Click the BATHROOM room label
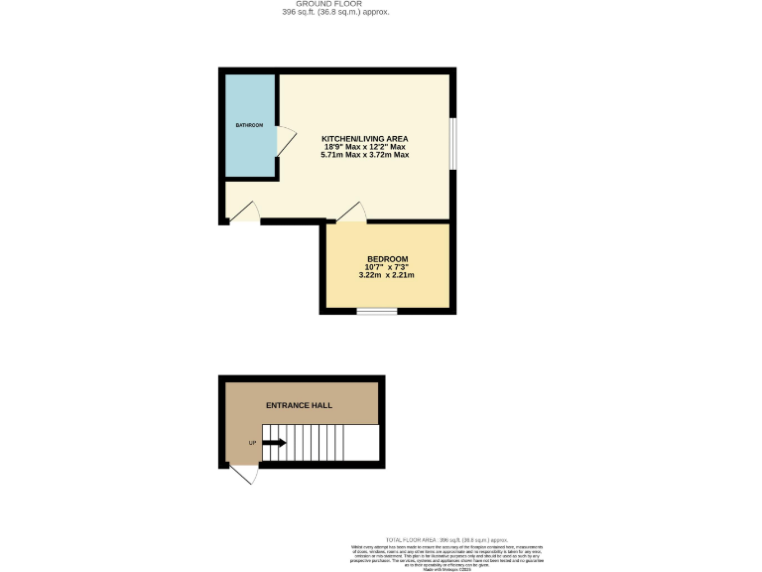point(249,125)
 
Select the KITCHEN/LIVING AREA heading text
point(365,138)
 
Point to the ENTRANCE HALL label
point(299,405)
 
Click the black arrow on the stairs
point(275,443)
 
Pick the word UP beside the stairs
point(251,443)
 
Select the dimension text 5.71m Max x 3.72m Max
point(365,155)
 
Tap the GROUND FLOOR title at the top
point(334,4)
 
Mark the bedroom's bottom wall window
point(376,312)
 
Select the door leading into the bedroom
point(353,212)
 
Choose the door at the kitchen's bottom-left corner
point(245,212)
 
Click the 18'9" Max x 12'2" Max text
point(365,147)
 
